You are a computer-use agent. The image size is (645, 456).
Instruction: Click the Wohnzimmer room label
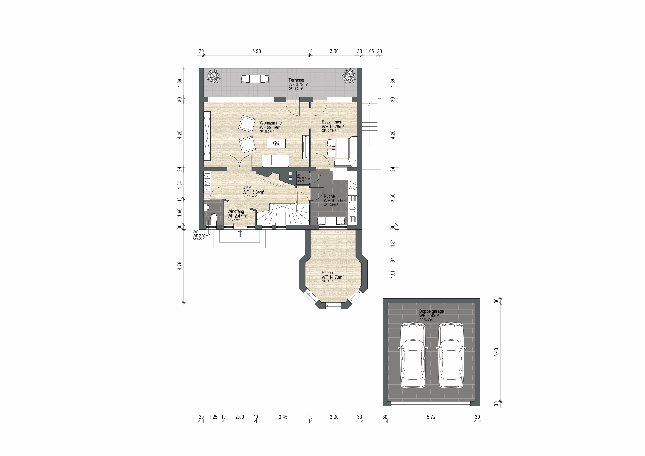click(x=271, y=123)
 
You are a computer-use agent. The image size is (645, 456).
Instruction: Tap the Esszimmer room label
click(x=332, y=122)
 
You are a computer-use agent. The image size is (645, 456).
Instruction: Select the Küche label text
click(x=329, y=196)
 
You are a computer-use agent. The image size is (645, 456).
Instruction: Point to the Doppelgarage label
click(x=431, y=311)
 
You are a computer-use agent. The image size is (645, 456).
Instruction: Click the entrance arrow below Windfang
click(x=240, y=234)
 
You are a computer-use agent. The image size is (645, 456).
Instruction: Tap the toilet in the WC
click(x=214, y=218)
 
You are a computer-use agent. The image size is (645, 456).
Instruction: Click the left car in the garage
click(x=413, y=355)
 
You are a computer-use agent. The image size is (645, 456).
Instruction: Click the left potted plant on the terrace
click(x=213, y=76)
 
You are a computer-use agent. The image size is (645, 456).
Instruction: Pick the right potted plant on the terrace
click(x=349, y=76)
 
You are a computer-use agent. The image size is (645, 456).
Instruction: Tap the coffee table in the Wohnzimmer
click(x=276, y=144)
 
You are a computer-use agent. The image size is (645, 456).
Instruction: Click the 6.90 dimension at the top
click(x=256, y=51)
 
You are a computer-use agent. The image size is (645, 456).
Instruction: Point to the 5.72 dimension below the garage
click(x=431, y=417)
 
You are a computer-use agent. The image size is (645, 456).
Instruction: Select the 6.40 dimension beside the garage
click(x=496, y=352)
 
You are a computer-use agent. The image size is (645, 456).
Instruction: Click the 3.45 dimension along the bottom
click(x=283, y=417)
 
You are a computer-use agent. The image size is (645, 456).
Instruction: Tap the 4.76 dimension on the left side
click(x=180, y=266)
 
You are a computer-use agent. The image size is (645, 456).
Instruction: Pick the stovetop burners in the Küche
click(x=353, y=185)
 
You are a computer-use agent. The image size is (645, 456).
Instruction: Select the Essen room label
click(x=327, y=273)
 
